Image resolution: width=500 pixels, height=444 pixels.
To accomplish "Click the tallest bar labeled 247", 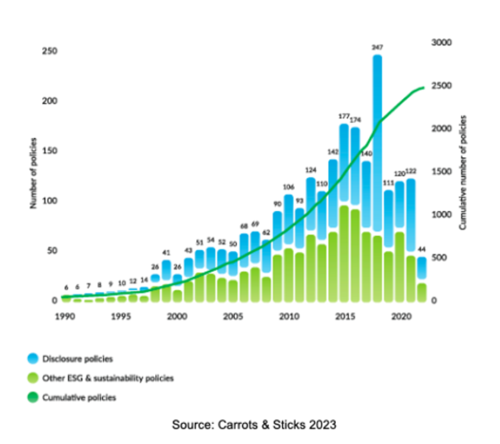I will pos(377,142).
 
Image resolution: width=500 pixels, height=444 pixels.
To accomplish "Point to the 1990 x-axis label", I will pos(66,316).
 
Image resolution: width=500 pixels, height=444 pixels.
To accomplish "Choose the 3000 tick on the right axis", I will pos(442,43).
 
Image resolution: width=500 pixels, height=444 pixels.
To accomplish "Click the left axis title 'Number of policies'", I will pos(34,173).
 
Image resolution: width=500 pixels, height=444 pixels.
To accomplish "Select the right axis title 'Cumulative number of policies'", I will pos(463,173).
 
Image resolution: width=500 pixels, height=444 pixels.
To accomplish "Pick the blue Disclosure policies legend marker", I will pos(33,359).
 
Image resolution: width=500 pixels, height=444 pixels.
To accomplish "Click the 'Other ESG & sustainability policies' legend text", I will pos(108,378).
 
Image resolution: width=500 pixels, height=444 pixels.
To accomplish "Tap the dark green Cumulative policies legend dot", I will pos(33,398).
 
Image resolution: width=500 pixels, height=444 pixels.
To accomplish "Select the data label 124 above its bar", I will pos(310,171).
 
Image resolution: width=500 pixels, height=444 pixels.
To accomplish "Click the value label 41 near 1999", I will pos(166,252).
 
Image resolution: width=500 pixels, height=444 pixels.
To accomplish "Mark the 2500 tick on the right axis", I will pos(442,85).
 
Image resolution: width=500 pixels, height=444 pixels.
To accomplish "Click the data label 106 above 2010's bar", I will pos(288,188).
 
